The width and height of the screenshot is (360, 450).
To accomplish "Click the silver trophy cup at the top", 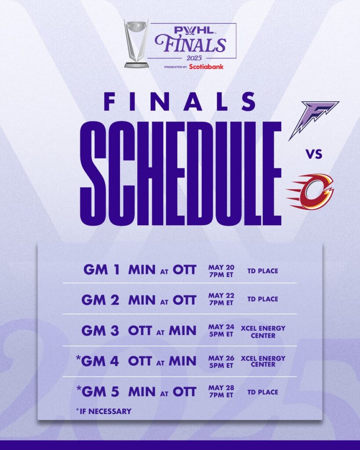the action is click(136, 43).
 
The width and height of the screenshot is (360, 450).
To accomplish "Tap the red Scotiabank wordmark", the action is click(206, 67).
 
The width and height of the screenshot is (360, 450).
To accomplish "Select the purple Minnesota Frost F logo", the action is click(313, 120).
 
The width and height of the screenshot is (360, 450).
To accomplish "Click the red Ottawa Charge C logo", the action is click(310, 192).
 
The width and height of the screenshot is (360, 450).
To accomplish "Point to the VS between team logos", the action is click(313, 154).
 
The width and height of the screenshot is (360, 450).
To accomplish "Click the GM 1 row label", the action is click(102, 270).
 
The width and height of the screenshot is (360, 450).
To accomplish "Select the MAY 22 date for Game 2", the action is click(221, 295).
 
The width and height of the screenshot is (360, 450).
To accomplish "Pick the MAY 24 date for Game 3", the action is click(221, 327).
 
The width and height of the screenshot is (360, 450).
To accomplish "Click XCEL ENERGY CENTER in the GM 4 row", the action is click(263, 361).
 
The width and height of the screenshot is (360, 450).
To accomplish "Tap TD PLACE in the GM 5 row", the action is click(263, 392).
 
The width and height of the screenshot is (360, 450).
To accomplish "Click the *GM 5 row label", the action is click(98, 392).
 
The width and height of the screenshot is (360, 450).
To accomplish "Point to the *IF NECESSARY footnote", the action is click(104, 411).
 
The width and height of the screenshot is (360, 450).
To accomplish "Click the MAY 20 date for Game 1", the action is click(221, 268).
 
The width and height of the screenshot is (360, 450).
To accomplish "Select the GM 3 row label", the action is click(100, 330).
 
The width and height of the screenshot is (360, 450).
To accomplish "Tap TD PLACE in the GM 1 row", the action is click(263, 271).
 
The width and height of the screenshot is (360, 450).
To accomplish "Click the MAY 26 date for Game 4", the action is click(221, 358).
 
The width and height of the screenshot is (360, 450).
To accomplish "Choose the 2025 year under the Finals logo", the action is click(194, 58).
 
